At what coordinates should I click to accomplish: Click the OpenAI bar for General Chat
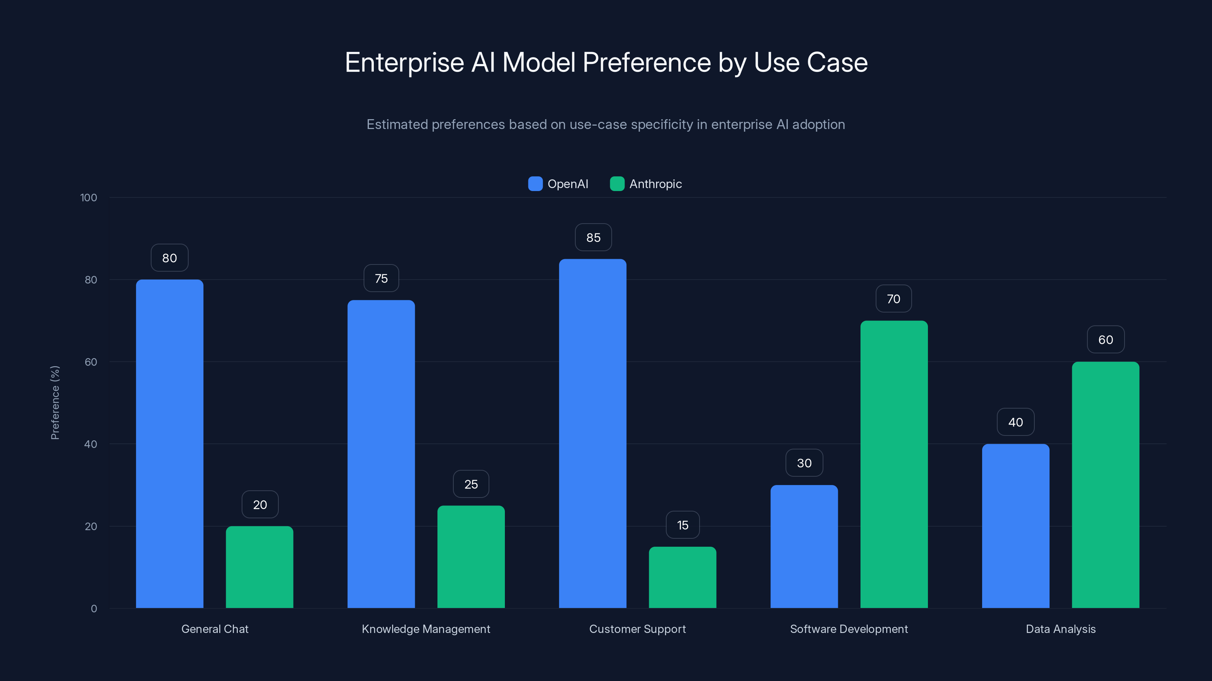coord(169,444)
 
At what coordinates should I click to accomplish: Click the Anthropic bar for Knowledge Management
coord(471,557)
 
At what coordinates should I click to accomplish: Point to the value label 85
coord(593,238)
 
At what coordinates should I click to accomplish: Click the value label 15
coord(683,525)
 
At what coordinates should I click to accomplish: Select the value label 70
coord(893,299)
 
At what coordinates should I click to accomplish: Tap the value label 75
coord(381,279)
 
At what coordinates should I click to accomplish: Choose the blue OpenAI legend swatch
coord(535,184)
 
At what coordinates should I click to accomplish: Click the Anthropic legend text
coord(655,184)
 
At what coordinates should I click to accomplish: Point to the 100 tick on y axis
coord(89,198)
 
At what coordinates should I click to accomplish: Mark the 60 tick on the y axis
coord(91,362)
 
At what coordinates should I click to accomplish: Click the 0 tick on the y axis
coord(94,609)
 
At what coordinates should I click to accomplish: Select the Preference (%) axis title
coord(55,403)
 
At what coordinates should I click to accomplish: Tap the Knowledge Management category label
coord(426,629)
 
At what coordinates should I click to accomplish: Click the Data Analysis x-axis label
coord(1060,629)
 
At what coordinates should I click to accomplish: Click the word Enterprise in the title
coord(404,62)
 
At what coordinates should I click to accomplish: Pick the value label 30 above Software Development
coord(804,463)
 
